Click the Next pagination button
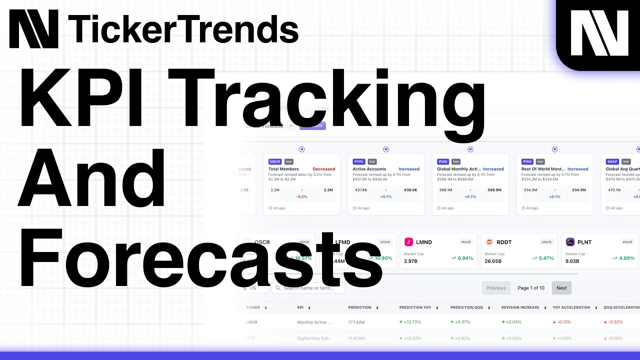[561, 288]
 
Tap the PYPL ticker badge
[358, 161]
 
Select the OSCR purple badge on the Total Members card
[275, 161]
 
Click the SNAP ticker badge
[612, 161]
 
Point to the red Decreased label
[323, 169]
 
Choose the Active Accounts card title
[369, 169]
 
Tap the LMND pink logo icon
[408, 242]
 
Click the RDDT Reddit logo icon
[489, 242]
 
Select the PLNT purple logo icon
[570, 242]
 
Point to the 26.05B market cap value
[493, 261]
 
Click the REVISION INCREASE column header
[520, 307]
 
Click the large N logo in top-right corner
[599, 33]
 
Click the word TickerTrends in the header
[183, 28]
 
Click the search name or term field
[312, 288]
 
